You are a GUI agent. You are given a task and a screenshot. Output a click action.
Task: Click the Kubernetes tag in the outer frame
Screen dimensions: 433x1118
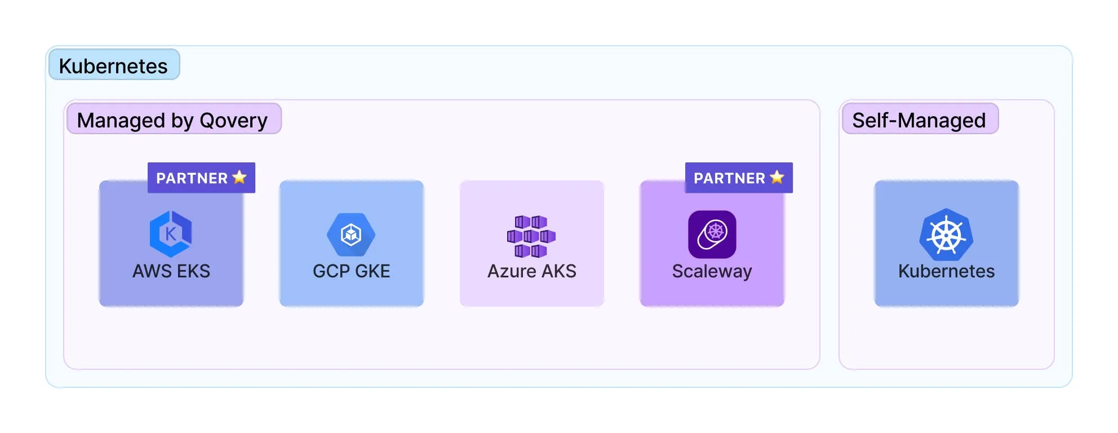pos(114,65)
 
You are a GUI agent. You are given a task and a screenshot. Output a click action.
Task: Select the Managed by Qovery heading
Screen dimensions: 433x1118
pos(173,120)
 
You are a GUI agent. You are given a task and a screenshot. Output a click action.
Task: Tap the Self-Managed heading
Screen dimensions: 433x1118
pos(919,120)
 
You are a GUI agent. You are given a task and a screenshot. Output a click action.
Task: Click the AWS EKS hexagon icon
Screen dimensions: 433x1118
pos(171,233)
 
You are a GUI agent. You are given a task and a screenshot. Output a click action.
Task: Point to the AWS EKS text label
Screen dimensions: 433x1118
pos(171,271)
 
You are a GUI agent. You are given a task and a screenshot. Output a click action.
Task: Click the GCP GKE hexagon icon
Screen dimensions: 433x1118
pos(351,234)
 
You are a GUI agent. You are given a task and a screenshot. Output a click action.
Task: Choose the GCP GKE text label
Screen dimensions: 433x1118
pos(351,271)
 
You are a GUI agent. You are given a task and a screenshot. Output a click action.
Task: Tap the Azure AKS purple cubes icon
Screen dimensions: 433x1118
pos(531,236)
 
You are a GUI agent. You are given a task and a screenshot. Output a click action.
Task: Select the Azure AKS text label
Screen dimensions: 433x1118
pos(531,271)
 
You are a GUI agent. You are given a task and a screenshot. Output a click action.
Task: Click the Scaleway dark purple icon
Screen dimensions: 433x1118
pos(712,234)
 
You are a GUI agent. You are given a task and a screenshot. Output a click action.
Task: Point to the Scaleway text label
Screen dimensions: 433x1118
pos(712,271)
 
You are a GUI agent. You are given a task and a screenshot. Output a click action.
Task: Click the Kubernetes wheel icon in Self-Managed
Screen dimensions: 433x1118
pos(946,235)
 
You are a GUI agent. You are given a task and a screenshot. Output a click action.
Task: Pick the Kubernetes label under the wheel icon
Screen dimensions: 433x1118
pos(946,271)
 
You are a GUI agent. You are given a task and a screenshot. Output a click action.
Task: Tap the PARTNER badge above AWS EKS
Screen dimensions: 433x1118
pos(201,178)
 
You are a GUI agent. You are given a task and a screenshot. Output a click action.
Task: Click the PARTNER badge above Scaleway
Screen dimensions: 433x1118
pos(739,178)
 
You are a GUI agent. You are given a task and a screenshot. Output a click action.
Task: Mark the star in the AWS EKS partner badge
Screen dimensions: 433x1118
pos(239,177)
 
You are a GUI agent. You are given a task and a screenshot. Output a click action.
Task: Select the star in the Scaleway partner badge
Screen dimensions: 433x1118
pos(777,177)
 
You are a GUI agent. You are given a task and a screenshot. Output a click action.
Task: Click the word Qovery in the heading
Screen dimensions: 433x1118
pos(233,120)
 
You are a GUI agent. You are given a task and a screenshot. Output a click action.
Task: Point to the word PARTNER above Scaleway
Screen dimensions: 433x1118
pos(729,178)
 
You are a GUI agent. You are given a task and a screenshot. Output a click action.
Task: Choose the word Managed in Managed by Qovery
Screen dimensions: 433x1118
pos(121,120)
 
